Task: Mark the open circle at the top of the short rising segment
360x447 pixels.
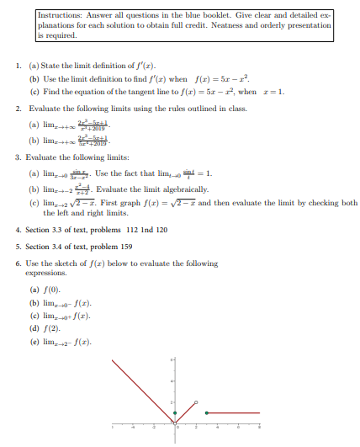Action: pyautogui.click(x=196, y=403)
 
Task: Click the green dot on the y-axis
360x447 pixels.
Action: pyautogui.click(x=175, y=413)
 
